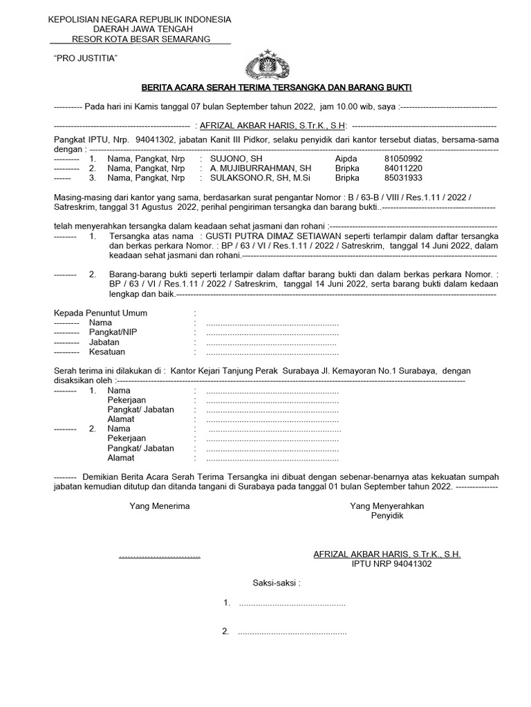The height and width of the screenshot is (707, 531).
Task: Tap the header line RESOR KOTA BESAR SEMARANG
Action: pos(141,39)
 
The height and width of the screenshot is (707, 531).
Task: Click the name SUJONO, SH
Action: pos(236,158)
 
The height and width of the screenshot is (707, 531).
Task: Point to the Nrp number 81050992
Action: pos(403,158)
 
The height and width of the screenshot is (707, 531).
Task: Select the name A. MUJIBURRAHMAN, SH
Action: pos(260,168)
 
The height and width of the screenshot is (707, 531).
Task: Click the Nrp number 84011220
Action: pos(403,168)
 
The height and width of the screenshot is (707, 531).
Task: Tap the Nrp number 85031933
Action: pos(403,177)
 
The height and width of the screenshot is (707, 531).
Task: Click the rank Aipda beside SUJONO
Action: pos(346,158)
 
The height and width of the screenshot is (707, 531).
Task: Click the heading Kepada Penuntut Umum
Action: pos(100,313)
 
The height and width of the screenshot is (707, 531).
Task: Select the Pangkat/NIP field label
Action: pos(113,332)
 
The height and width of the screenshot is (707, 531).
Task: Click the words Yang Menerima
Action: pos(160,506)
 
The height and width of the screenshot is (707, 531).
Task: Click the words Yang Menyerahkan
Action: pos(386,506)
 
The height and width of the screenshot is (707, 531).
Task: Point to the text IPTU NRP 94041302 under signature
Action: pos(391,564)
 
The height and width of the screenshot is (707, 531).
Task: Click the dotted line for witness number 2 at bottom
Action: pos(292,631)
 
